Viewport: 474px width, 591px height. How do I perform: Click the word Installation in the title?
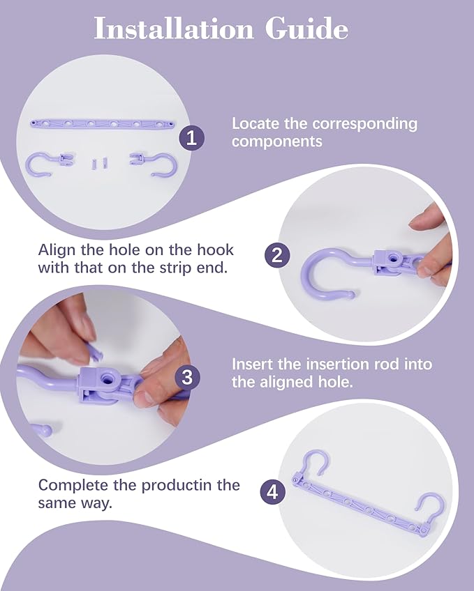coord(173,29)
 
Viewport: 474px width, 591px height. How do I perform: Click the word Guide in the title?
coord(306,29)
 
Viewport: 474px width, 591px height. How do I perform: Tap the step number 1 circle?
coord(192,138)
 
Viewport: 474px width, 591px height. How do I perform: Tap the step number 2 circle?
coord(277,255)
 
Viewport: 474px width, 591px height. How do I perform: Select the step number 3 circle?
coord(187,377)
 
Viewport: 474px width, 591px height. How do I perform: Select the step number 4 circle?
coord(273,492)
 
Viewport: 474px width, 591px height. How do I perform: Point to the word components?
coord(277,142)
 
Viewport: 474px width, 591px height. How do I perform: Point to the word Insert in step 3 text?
coord(253,364)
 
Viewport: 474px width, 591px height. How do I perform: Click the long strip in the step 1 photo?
coord(103,123)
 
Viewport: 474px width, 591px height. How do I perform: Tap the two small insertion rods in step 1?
coord(100,163)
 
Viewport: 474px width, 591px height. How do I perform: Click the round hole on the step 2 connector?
coord(394,259)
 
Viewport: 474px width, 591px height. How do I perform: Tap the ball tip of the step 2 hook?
coord(350,294)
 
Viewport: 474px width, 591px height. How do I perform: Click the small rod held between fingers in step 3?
coord(94,352)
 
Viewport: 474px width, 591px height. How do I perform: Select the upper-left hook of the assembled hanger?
coord(314,463)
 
